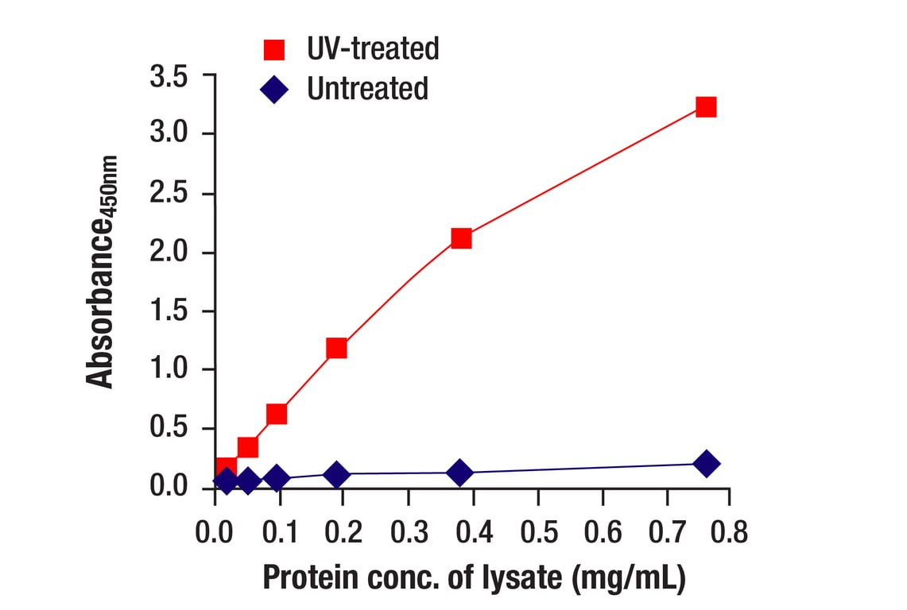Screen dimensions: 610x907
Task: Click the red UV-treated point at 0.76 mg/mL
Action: point(706,107)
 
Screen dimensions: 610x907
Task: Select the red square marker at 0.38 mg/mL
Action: point(461,238)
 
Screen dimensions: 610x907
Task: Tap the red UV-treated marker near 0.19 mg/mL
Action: point(336,348)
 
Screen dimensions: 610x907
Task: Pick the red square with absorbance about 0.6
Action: point(277,414)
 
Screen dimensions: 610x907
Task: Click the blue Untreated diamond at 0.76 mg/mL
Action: point(706,464)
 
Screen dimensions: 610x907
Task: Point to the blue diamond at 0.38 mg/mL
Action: point(459,473)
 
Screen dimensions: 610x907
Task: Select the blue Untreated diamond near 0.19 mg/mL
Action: point(336,475)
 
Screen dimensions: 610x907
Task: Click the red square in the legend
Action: point(274,50)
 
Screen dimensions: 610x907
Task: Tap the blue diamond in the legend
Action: point(274,89)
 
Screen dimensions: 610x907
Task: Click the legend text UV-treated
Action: point(373,49)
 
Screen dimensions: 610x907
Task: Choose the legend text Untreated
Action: point(367,88)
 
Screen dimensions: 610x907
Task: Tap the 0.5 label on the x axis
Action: point(539,531)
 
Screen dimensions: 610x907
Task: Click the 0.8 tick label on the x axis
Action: point(727,531)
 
